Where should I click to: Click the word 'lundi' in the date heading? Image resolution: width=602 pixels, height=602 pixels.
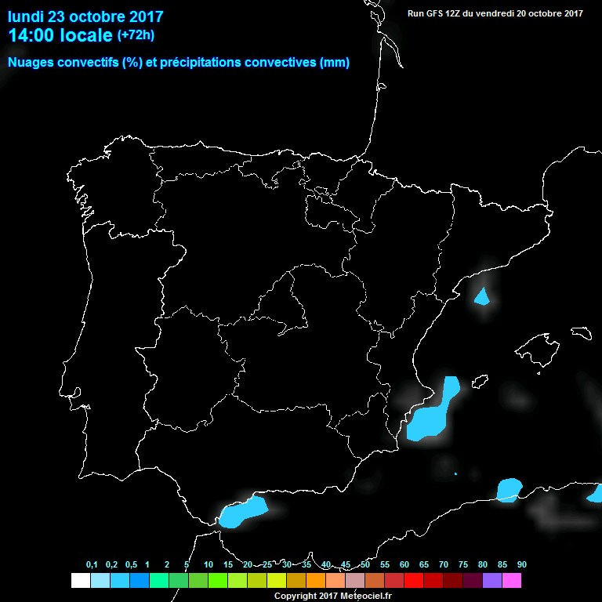(x=28, y=16)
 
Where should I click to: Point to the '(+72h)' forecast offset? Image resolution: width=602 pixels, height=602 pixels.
(x=136, y=34)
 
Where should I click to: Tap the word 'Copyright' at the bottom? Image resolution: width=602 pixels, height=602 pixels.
(x=297, y=596)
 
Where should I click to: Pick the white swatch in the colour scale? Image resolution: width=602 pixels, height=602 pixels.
(x=81, y=581)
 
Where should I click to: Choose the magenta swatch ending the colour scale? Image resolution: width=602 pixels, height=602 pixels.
(x=512, y=581)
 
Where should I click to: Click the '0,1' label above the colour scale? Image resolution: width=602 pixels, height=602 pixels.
(x=92, y=565)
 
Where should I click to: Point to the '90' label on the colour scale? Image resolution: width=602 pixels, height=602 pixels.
(x=521, y=565)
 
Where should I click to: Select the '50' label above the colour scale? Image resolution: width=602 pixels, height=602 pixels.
(x=365, y=565)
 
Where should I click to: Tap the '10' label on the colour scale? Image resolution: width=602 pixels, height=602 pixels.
(x=209, y=565)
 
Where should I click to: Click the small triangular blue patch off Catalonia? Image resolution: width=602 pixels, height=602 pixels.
(x=482, y=297)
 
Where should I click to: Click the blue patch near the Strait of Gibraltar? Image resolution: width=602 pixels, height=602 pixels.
(x=241, y=512)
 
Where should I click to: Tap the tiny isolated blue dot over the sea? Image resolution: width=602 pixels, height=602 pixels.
(x=455, y=473)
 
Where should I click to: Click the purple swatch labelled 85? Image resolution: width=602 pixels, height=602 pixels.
(x=492, y=581)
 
